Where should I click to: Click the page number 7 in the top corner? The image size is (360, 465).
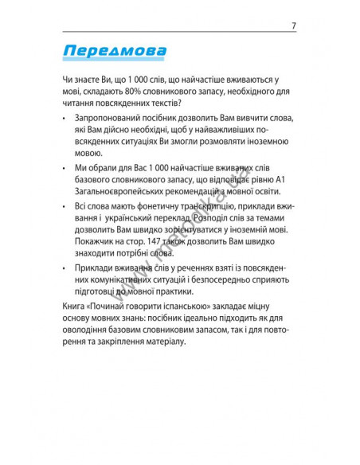[x=294, y=25]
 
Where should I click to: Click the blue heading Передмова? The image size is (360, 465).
[x=114, y=53]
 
